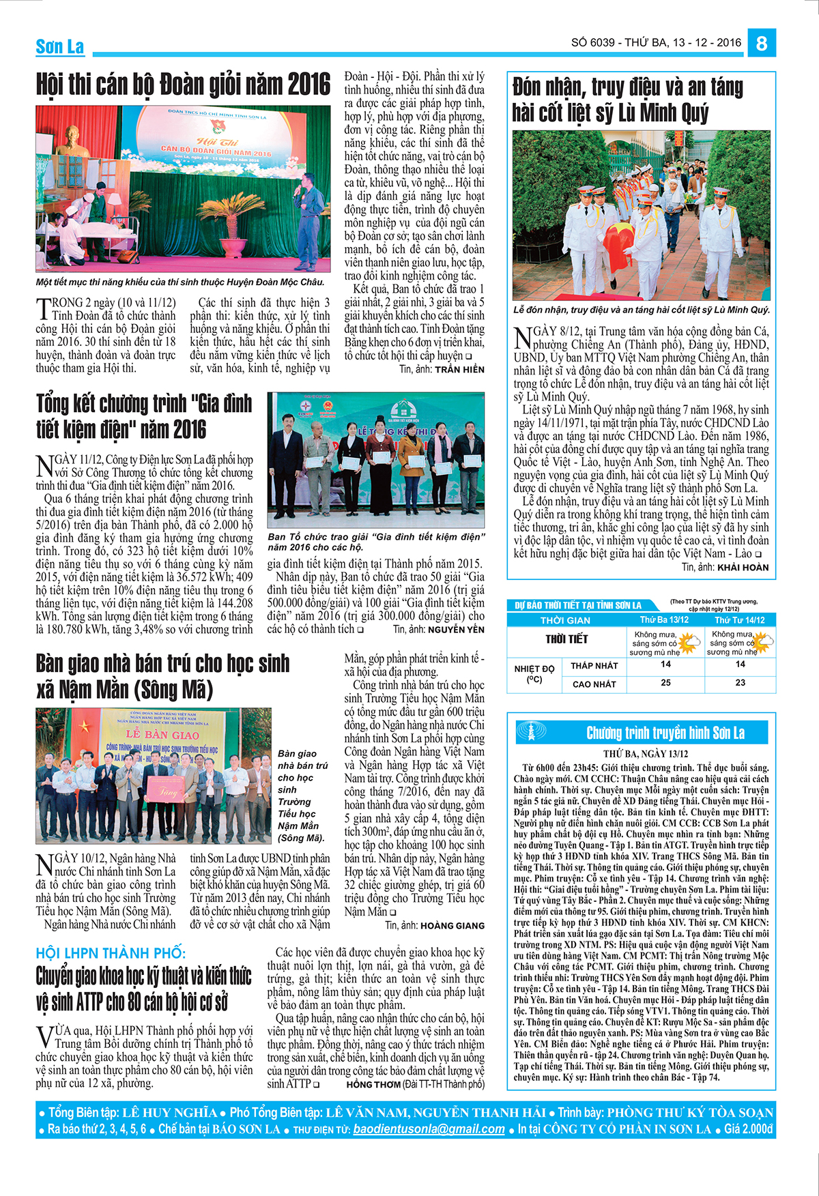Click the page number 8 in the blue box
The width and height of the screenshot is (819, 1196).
pos(762,44)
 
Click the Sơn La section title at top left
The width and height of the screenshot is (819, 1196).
pos(60,47)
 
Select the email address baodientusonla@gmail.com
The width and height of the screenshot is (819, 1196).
pos(429,1128)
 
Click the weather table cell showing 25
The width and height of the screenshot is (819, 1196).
pos(665,682)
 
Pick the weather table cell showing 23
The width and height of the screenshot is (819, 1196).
pos(740,682)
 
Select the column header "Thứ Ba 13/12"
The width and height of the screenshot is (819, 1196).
pos(664,619)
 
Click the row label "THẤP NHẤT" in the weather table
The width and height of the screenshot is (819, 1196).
pos(594,665)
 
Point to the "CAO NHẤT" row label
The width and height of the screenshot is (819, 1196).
pos(594,684)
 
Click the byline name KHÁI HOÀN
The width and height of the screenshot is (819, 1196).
pos(743,567)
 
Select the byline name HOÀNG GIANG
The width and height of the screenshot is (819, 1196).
pos(452,926)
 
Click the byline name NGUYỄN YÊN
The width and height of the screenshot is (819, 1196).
pos(456,630)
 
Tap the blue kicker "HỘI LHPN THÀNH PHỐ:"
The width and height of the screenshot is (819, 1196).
pos(111,952)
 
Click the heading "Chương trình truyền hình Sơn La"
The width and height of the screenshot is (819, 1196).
pos(665,733)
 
